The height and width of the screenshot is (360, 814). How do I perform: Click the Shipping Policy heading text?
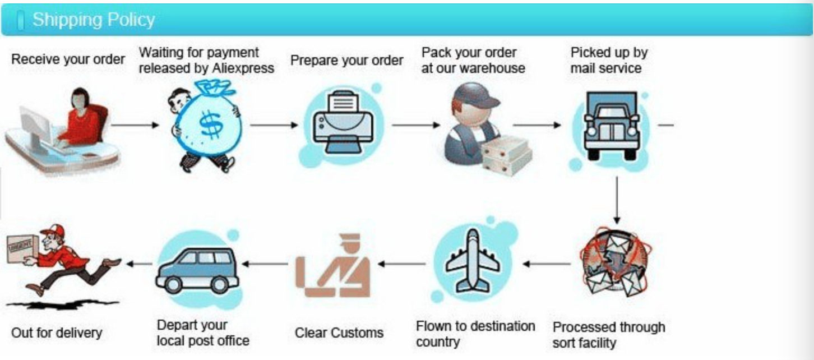pos(93,20)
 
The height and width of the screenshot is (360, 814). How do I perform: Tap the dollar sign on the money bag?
pos(210,126)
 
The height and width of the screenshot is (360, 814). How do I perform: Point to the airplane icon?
pos(474,262)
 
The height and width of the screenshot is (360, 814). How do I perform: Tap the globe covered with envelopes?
pos(616,262)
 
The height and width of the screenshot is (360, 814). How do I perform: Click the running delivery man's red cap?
pos(52,229)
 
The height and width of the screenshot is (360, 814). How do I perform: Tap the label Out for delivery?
pos(57,333)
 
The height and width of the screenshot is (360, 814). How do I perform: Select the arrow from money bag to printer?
pos(274,125)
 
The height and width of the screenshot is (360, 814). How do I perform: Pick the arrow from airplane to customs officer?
pos(401,262)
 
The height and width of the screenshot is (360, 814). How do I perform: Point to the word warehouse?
pos(493,68)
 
